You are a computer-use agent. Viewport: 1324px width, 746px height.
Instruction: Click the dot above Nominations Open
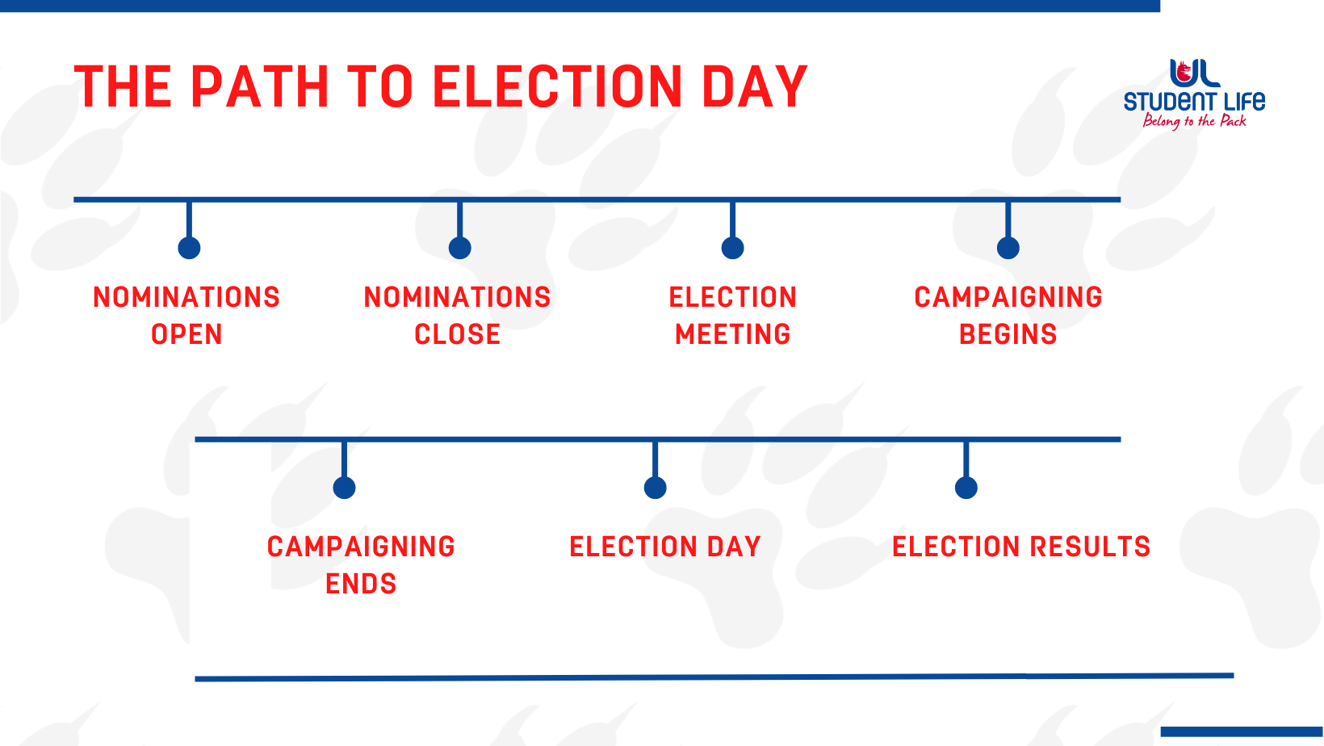189,248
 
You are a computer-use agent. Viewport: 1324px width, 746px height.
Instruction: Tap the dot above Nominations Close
460,248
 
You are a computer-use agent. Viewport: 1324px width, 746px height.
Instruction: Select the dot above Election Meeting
732,248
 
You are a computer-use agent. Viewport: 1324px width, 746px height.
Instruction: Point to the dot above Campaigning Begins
1008,248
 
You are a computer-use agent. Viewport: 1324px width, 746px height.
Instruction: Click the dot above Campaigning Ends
344,488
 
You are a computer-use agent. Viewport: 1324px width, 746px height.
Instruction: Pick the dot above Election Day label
655,488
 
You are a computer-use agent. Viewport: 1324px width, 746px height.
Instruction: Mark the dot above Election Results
966,488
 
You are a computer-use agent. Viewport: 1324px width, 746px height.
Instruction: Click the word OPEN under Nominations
186,334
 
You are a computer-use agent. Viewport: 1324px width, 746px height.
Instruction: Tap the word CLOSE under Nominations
458,334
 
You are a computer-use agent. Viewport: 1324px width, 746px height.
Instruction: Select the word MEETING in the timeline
733,334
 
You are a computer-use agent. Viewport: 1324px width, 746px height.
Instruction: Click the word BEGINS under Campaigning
1008,334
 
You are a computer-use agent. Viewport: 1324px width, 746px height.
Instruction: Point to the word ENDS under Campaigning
361,584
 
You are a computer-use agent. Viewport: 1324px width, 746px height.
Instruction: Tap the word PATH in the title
260,87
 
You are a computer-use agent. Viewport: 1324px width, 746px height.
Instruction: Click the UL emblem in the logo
1195,73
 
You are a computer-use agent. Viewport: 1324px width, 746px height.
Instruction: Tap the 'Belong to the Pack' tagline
1195,121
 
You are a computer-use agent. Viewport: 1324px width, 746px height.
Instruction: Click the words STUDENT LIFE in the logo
1195,101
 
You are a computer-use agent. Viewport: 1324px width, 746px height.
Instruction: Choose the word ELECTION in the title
558,87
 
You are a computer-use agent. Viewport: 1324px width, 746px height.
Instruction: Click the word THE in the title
123,87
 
